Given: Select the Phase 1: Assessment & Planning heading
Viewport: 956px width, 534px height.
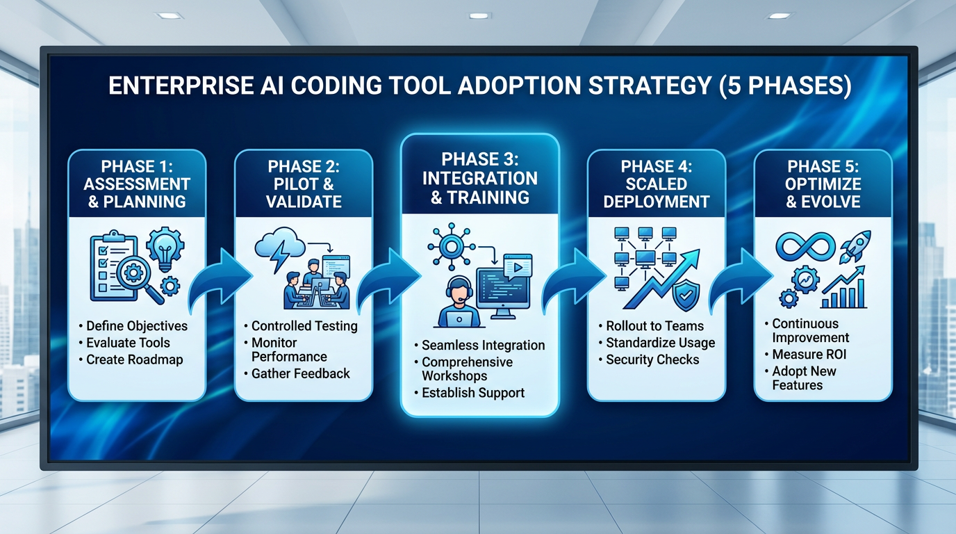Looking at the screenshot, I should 137,184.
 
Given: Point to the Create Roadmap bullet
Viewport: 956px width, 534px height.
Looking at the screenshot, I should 134,359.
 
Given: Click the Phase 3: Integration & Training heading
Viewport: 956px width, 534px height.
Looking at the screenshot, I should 480,178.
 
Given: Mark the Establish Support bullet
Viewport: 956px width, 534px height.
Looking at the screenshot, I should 472,393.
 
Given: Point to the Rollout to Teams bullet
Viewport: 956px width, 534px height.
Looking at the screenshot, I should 654,326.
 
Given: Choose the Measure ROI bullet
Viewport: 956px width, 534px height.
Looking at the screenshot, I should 809,355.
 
